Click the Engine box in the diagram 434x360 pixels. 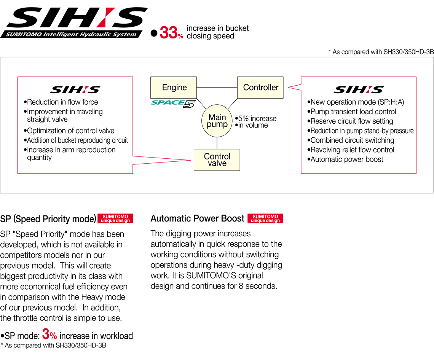pyautogui.click(x=174, y=88)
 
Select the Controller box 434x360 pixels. pyautogui.click(x=260, y=88)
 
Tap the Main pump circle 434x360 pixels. pyautogui.click(x=217, y=121)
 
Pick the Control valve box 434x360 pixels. pyautogui.click(x=217, y=160)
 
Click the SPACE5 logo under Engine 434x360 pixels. pyautogui.click(x=173, y=103)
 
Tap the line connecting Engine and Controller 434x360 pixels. pyautogui.click(x=217, y=88)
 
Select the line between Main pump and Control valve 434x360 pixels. pyautogui.click(x=217, y=143)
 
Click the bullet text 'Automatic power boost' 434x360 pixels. pyautogui.click(x=347, y=159)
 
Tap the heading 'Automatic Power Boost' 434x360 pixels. pyautogui.click(x=197, y=218)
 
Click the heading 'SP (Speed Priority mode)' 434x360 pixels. pyautogui.click(x=48, y=219)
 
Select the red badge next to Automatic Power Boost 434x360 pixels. pyautogui.click(x=265, y=218)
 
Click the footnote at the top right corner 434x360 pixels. pyautogui.click(x=381, y=52)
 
